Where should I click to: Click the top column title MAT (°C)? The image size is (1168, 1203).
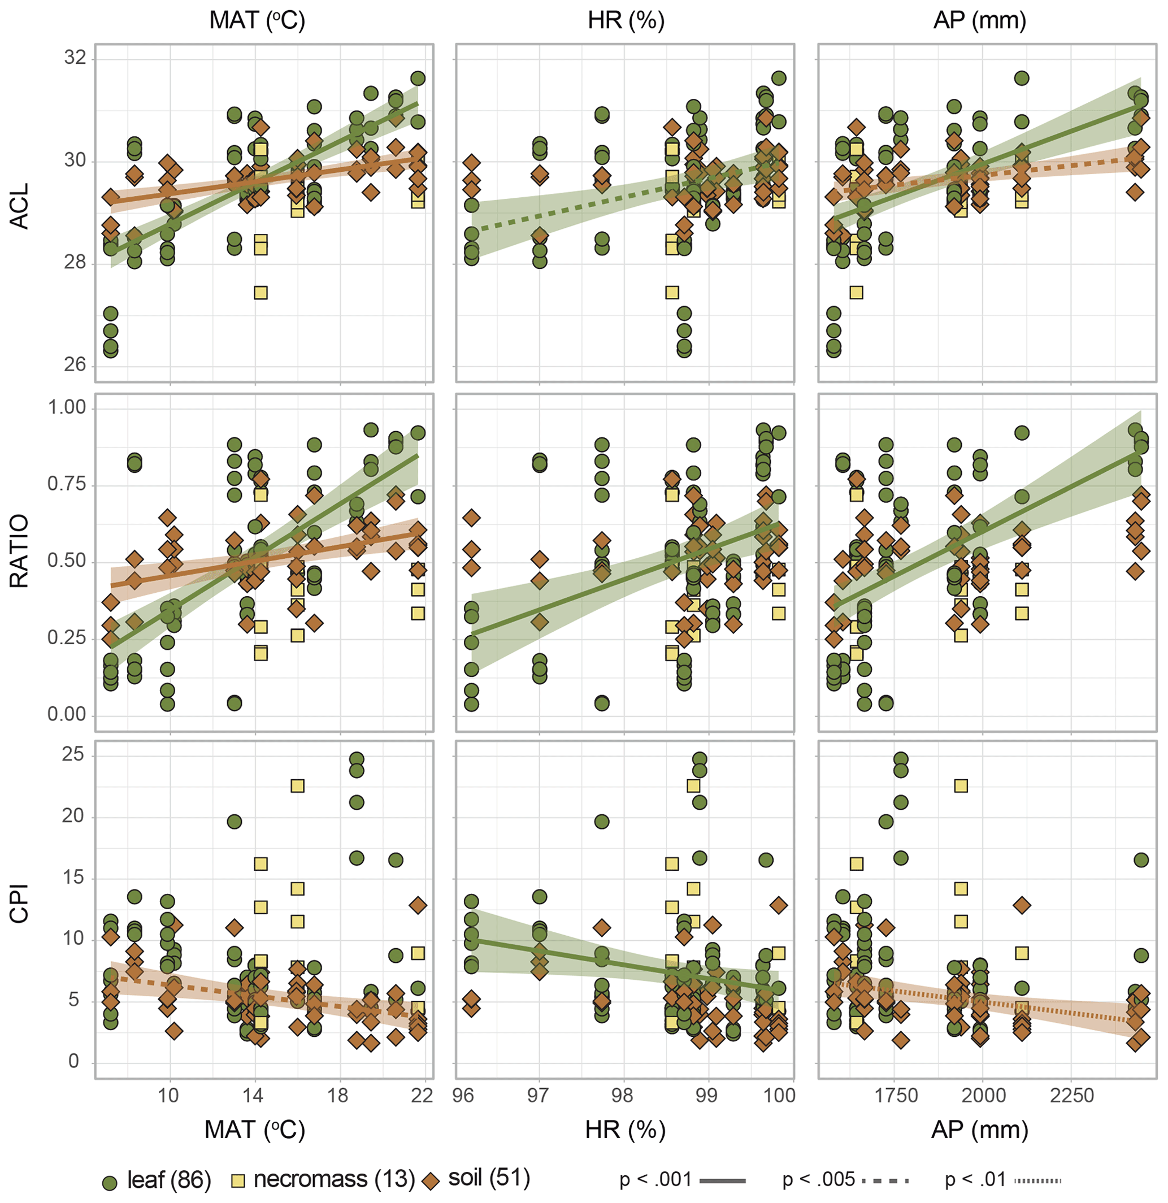click(257, 20)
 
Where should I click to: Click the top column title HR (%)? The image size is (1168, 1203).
click(626, 20)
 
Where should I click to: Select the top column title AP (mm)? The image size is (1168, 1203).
click(980, 20)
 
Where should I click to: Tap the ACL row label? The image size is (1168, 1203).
click(20, 206)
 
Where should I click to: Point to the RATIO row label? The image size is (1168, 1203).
click(20, 551)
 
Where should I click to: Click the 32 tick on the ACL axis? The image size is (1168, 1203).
click(75, 58)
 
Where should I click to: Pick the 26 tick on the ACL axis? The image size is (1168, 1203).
click(75, 364)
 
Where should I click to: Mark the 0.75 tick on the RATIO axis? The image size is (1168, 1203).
click(67, 484)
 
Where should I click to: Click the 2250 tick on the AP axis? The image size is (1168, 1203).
click(1071, 1096)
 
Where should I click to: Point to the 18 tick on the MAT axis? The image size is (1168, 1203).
click(337, 1096)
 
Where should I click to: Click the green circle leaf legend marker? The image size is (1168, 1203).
click(111, 1180)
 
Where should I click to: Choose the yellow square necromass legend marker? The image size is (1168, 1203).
click(237, 1180)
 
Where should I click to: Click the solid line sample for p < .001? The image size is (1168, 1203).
click(722, 1180)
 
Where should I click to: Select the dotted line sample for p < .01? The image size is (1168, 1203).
click(1038, 1180)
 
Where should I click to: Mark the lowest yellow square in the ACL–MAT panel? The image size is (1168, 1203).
click(261, 293)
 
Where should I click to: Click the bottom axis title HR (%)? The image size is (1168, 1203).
click(626, 1130)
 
